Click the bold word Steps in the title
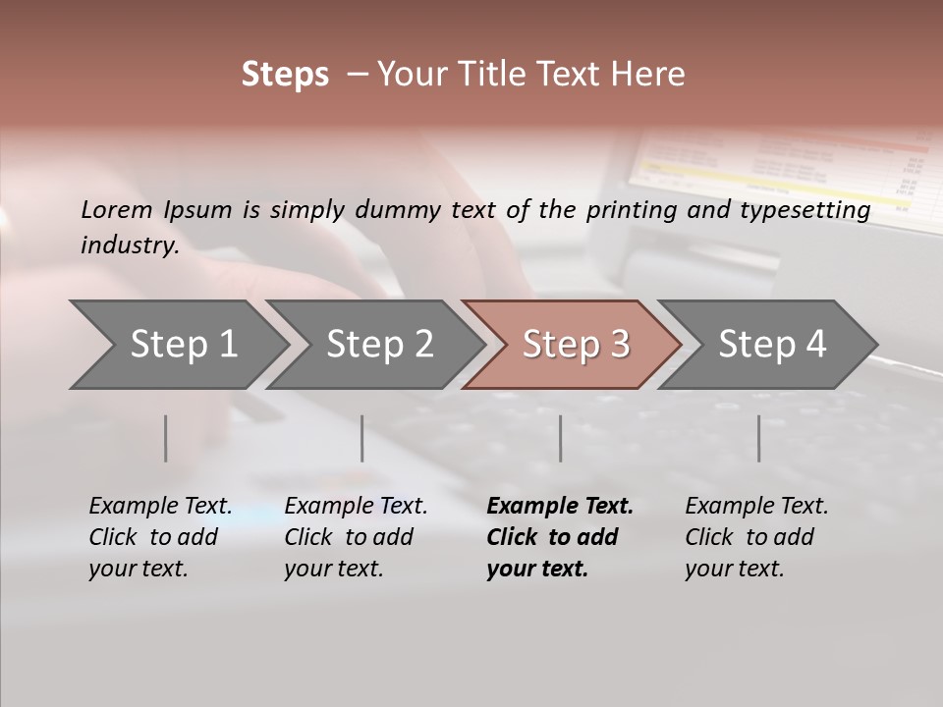click(x=285, y=75)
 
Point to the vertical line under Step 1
click(x=166, y=438)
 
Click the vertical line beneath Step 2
click(x=362, y=438)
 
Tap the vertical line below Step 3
click(x=560, y=438)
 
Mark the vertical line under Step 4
click(x=758, y=438)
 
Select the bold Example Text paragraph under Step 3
click(x=559, y=537)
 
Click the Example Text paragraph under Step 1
click(x=160, y=537)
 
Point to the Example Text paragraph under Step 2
click(x=356, y=537)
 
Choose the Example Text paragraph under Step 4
click(x=756, y=537)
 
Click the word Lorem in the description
click(x=118, y=209)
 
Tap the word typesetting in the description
click(x=811, y=209)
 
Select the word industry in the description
click(x=129, y=245)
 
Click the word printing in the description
click(x=630, y=209)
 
